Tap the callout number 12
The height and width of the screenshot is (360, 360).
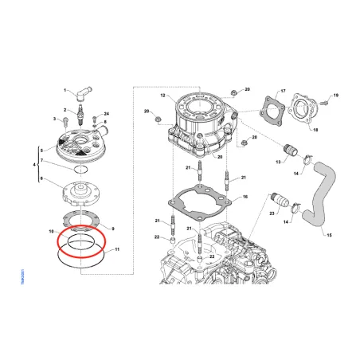(x=162, y=96)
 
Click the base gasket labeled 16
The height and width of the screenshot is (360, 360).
(x=203, y=198)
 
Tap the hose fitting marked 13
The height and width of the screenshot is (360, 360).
(x=289, y=150)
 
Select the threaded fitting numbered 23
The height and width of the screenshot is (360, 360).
(x=281, y=200)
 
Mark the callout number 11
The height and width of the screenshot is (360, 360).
(x=117, y=250)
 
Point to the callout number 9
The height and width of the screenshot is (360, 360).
(x=112, y=228)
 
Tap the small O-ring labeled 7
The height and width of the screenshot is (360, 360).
(x=78, y=170)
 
